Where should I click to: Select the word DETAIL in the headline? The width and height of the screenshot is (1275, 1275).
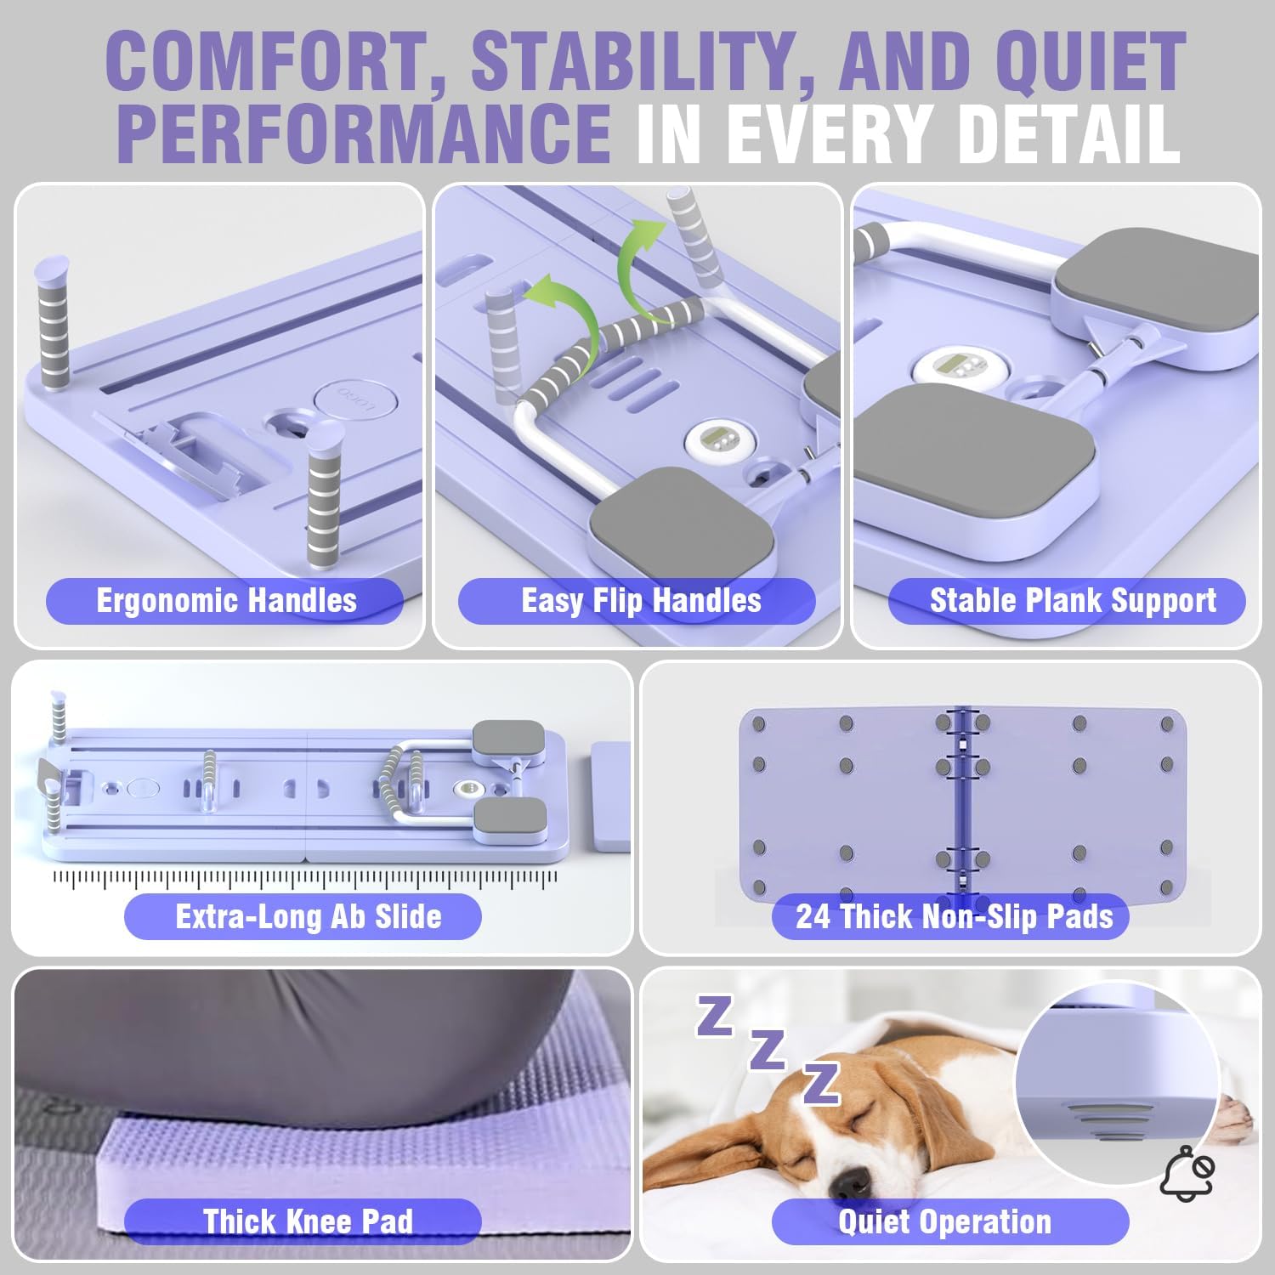click(1062, 132)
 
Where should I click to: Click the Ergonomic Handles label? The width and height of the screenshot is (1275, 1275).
click(226, 601)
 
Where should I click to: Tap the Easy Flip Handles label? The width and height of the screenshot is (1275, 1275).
click(641, 601)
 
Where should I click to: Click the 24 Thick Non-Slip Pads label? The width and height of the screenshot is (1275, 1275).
click(951, 916)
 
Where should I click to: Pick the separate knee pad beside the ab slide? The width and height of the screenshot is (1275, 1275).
click(611, 797)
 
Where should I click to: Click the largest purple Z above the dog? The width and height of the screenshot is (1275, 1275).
click(822, 1082)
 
